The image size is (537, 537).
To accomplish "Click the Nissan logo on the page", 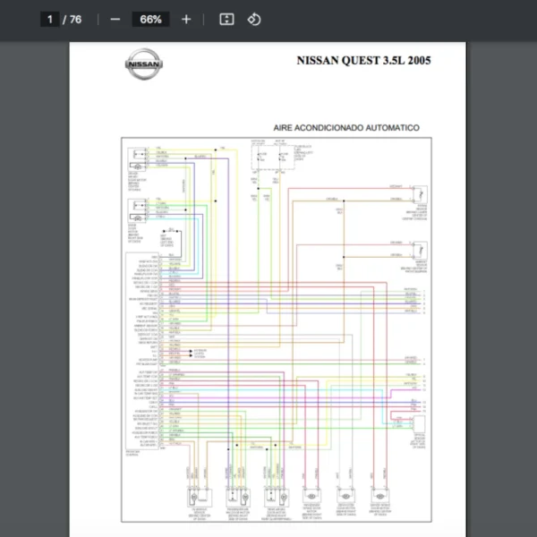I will pyautogui.click(x=143, y=64).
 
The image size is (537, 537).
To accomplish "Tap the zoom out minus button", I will pyautogui.click(x=115, y=19).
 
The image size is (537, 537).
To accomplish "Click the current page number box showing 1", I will pyautogui.click(x=51, y=19).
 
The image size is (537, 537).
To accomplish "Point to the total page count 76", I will pyautogui.click(x=75, y=19).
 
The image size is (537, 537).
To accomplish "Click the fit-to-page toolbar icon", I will pyautogui.click(x=226, y=19).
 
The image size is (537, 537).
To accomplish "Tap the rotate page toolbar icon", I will pyautogui.click(x=254, y=19).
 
